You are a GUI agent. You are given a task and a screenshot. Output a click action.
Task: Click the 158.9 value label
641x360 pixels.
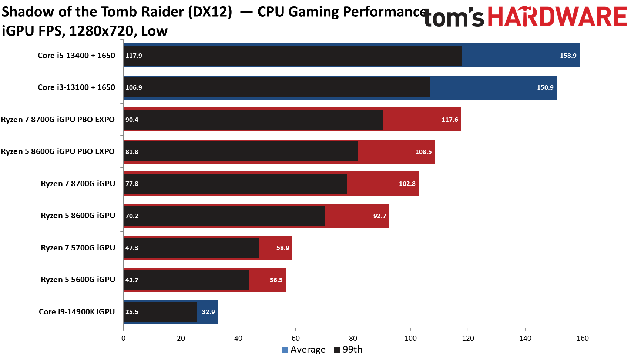pyautogui.click(x=568, y=56)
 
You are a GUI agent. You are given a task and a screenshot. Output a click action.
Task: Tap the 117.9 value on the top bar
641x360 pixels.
pyautogui.click(x=134, y=56)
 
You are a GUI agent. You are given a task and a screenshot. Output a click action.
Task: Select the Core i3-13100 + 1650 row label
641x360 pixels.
pyautogui.click(x=76, y=87)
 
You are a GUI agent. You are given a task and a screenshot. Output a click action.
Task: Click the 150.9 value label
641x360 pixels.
pyautogui.click(x=545, y=87)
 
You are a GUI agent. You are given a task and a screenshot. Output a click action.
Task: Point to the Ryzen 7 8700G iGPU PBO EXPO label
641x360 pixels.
pyautogui.click(x=58, y=120)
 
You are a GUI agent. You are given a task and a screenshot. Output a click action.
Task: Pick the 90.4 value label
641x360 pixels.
pyautogui.click(x=132, y=120)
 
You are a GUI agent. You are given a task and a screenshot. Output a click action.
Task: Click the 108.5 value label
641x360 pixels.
pyautogui.click(x=423, y=152)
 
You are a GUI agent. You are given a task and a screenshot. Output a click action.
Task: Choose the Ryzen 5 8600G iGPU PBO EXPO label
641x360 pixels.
pyautogui.click(x=58, y=151)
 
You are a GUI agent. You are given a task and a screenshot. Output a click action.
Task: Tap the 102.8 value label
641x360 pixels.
pyautogui.click(x=407, y=184)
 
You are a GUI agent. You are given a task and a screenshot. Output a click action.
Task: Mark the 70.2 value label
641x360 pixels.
pyautogui.click(x=132, y=216)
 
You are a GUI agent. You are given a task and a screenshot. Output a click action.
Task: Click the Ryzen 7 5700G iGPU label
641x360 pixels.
pyautogui.click(x=78, y=248)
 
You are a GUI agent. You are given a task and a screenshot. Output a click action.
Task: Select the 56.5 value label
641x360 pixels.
pyautogui.click(x=276, y=280)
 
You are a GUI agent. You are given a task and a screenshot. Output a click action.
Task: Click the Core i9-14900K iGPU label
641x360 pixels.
pyautogui.click(x=77, y=312)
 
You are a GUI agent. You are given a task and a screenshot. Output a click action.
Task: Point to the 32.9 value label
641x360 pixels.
pyautogui.click(x=208, y=312)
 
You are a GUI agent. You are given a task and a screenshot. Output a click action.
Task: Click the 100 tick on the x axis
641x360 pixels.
pyautogui.click(x=410, y=338)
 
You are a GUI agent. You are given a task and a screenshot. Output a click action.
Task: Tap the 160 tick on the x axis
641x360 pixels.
pyautogui.click(x=583, y=338)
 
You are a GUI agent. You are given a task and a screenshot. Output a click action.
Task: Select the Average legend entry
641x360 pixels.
pyautogui.click(x=304, y=350)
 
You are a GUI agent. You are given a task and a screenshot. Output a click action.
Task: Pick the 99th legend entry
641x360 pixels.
pyautogui.click(x=348, y=350)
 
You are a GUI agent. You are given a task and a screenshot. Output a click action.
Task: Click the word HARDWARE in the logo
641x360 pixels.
pyautogui.click(x=557, y=17)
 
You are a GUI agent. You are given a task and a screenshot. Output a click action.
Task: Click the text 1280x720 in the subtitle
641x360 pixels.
pyautogui.click(x=101, y=31)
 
